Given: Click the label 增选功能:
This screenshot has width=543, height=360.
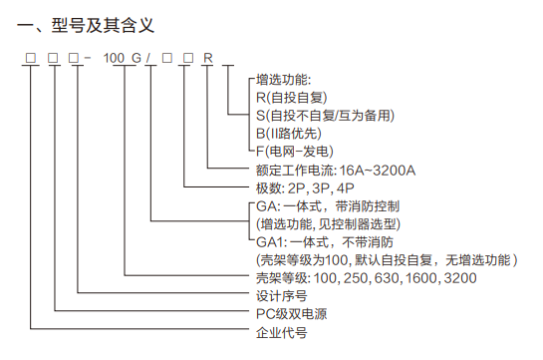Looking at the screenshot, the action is pos(284,79).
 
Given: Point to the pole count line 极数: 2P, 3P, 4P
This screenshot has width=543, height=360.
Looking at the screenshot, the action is pos(299,188).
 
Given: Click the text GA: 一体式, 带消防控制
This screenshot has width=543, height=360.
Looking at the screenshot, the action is pos(329,206).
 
